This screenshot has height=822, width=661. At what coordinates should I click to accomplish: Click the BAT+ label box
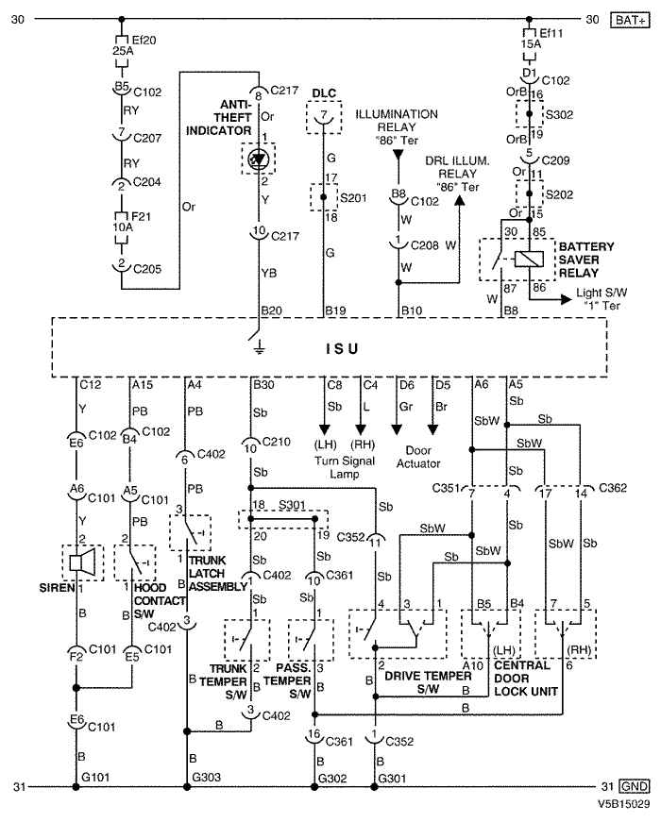628,19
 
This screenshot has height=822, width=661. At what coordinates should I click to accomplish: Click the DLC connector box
324,116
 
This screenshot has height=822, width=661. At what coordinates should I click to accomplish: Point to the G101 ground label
96,776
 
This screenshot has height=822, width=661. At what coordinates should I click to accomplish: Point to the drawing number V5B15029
620,805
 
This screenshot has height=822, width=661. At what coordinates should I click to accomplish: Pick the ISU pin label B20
271,309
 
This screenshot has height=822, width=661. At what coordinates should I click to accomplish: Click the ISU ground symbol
258,345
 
